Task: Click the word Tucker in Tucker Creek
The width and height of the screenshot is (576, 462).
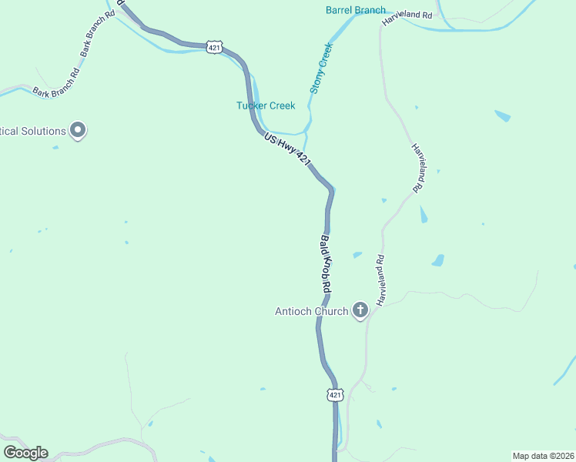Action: (251, 106)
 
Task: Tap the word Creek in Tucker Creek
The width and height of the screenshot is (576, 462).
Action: (281, 106)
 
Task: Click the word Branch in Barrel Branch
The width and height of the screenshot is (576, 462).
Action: (371, 10)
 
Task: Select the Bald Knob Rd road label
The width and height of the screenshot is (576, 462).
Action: (326, 263)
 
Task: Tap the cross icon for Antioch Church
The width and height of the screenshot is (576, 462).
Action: (360, 311)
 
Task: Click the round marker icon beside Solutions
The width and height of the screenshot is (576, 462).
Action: (78, 131)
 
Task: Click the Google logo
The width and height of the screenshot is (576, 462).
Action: (25, 453)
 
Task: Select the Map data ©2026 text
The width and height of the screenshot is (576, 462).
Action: (542, 455)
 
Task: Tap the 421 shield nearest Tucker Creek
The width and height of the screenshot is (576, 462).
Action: (215, 47)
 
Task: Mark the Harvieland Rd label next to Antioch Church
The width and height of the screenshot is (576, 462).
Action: (380, 280)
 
